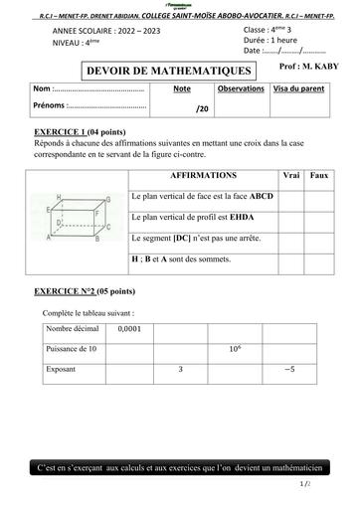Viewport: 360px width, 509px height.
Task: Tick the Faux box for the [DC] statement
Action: (319, 239)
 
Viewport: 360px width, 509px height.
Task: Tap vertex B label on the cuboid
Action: (96, 239)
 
